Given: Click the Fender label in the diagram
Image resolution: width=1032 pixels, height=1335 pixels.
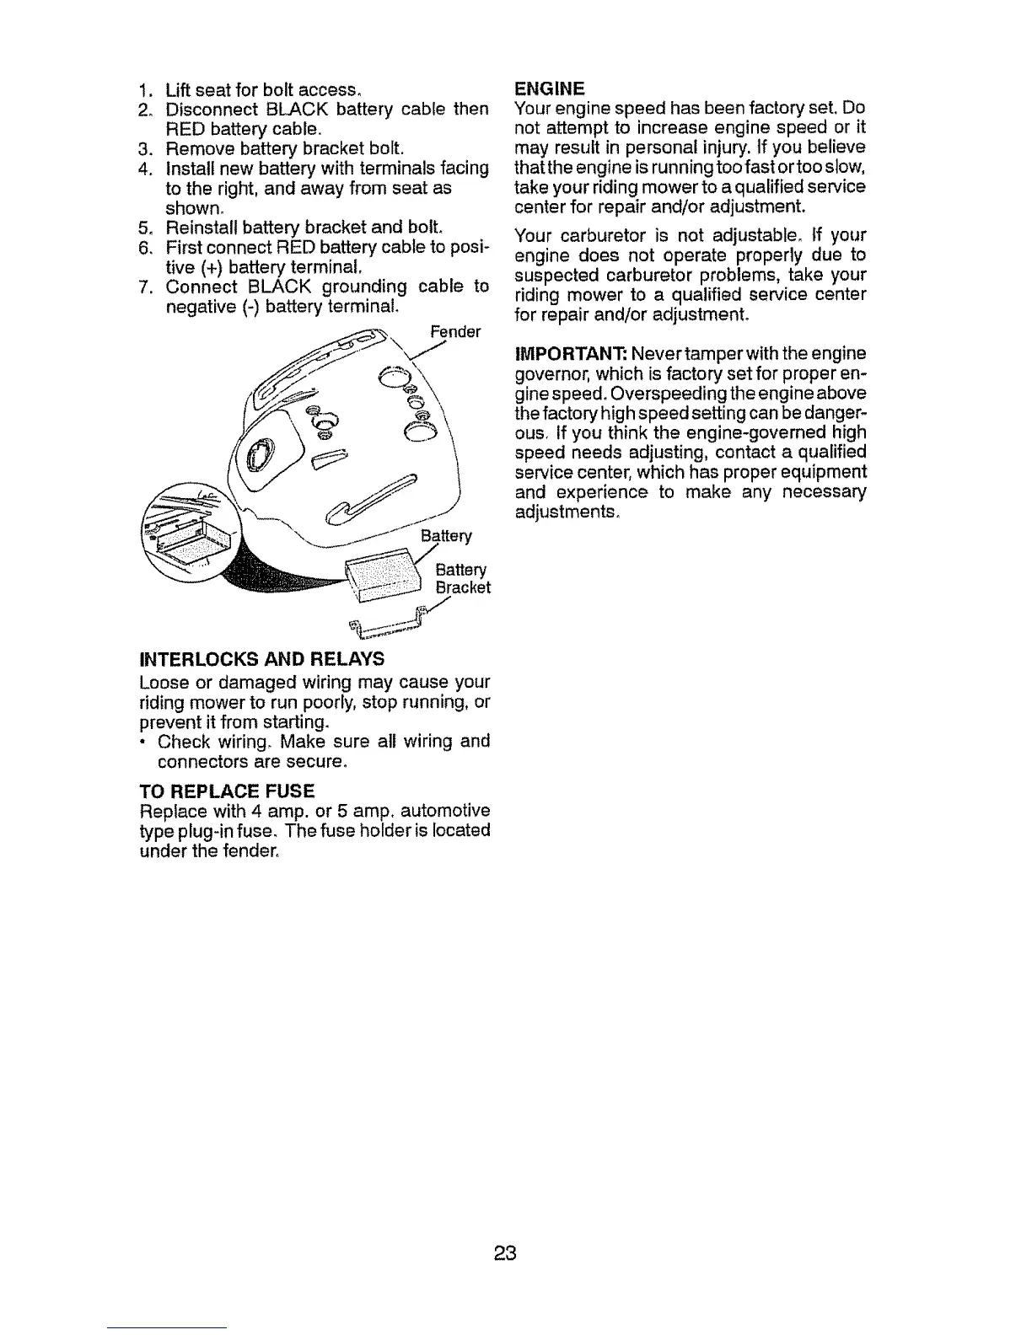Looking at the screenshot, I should (x=455, y=331).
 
